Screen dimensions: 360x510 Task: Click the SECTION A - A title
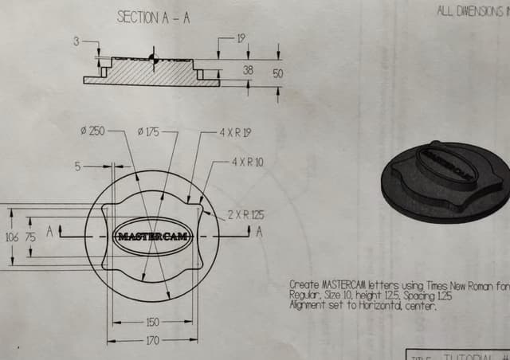click(153, 17)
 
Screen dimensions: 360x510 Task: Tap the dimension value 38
click(248, 70)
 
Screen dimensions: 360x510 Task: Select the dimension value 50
click(277, 72)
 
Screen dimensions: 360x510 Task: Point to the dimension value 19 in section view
click(241, 37)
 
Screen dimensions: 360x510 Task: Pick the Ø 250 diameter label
click(92, 131)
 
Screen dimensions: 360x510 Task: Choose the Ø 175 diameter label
click(148, 131)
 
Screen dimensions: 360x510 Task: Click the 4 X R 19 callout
click(235, 132)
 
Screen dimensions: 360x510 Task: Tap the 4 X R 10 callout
click(247, 162)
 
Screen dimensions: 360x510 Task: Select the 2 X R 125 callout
click(245, 215)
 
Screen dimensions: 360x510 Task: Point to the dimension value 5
click(78, 166)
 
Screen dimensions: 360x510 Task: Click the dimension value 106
click(11, 237)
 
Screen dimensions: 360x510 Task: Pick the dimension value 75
click(30, 237)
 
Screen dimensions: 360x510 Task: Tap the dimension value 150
click(152, 323)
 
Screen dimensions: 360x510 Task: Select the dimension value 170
click(152, 340)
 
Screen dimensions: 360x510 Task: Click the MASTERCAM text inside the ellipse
click(152, 237)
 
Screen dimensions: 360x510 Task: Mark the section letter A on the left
click(50, 232)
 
